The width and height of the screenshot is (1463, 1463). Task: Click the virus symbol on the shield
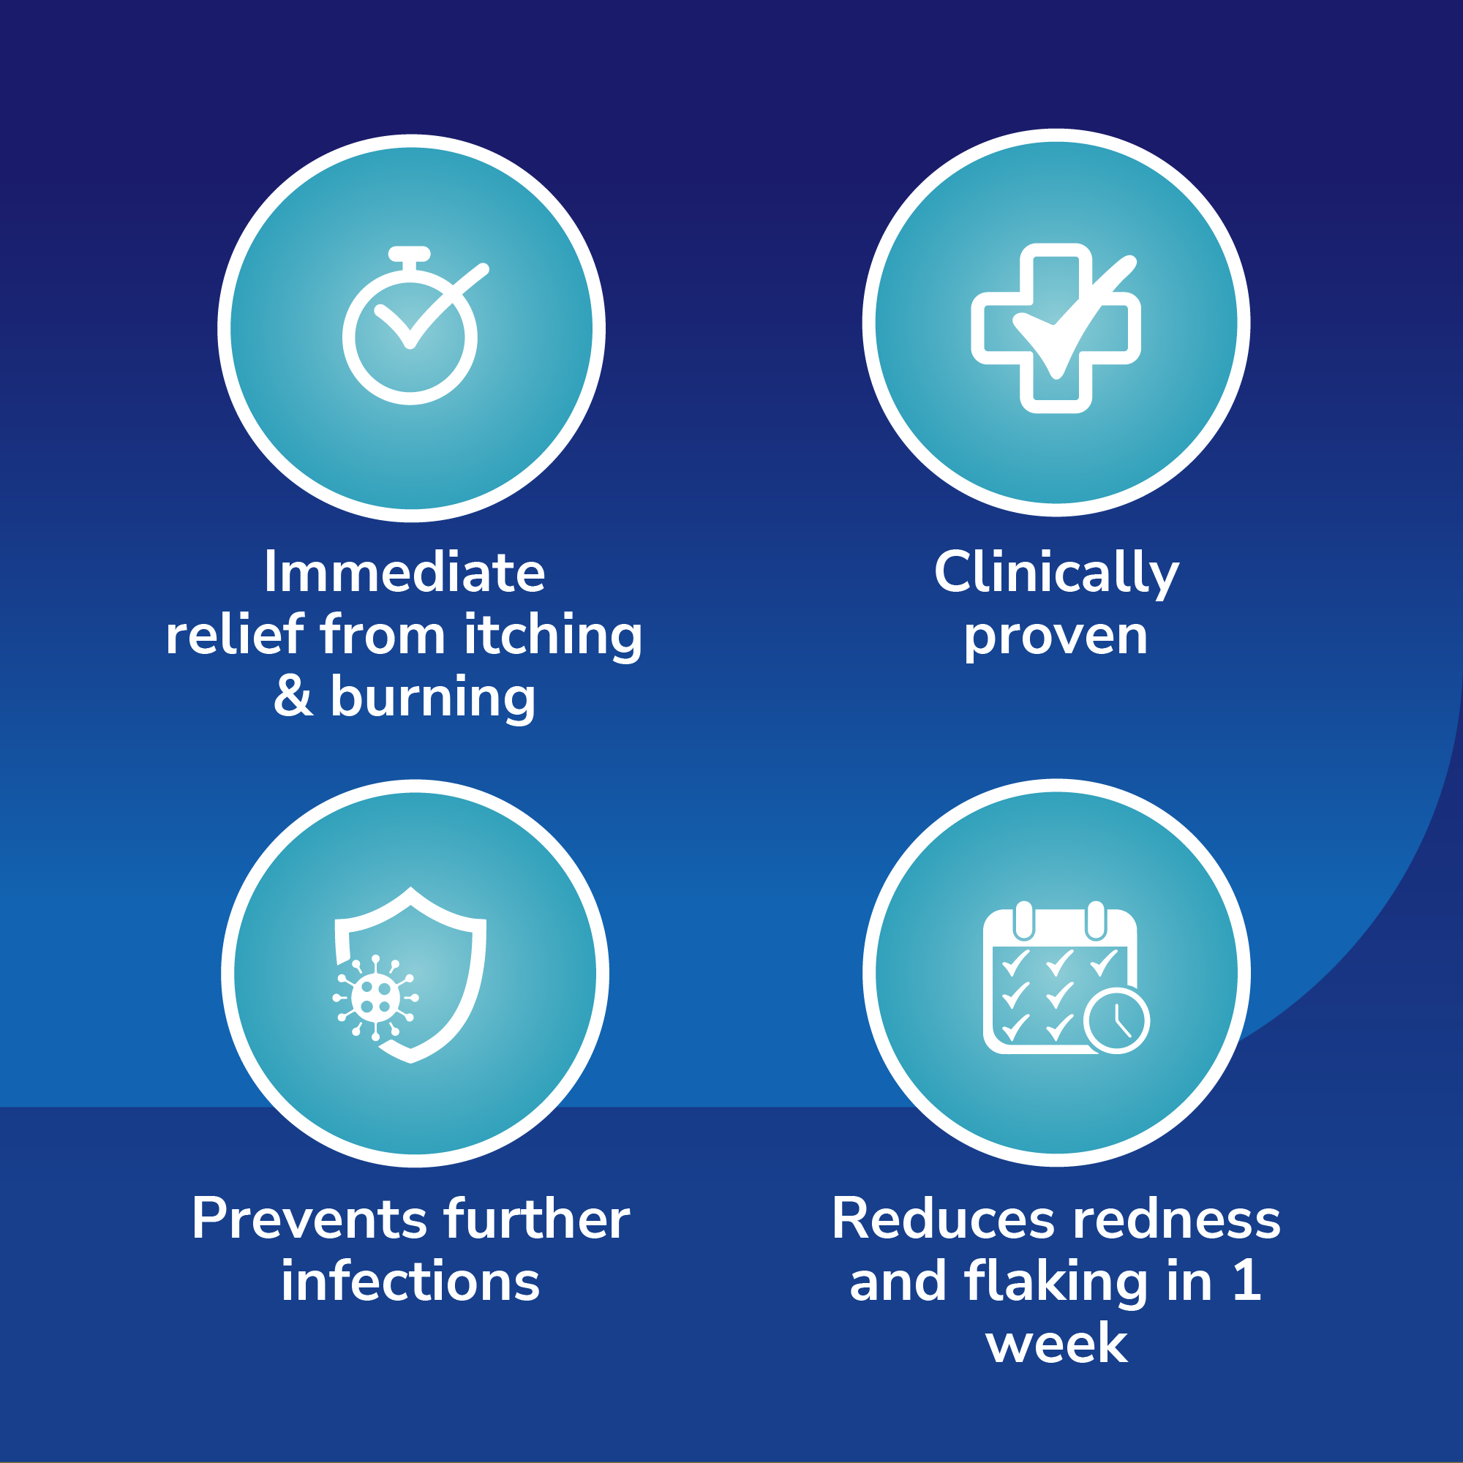(375, 997)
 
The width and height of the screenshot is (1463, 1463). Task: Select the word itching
(553, 636)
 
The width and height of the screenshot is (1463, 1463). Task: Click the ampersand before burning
(293, 696)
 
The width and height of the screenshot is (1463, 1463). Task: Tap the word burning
(432, 699)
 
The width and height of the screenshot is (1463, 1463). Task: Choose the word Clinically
(1056, 574)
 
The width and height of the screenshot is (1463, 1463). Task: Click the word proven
(1056, 639)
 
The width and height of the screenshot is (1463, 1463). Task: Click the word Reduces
(944, 1220)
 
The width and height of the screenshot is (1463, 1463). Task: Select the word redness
(1177, 1220)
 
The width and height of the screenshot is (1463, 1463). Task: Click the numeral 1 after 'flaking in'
(1246, 1282)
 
